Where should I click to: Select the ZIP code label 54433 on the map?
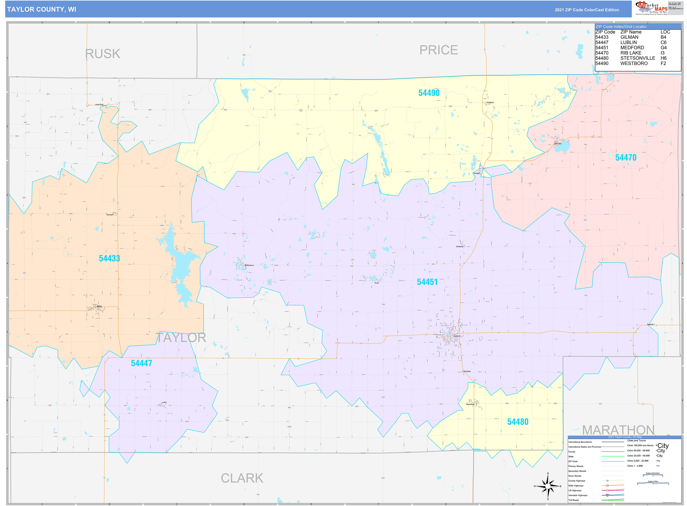click(x=109, y=258)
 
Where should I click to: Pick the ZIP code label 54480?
click(x=518, y=422)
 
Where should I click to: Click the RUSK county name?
click(x=103, y=54)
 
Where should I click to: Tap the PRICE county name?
click(x=438, y=50)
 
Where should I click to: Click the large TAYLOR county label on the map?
click(x=181, y=337)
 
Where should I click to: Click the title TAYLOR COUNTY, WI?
click(x=42, y=10)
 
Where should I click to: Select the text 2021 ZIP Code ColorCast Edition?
click(x=587, y=10)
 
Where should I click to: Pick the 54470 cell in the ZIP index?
click(x=602, y=53)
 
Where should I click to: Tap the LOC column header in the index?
click(x=665, y=32)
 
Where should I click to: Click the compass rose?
click(x=548, y=486)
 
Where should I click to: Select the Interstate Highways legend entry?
click(x=578, y=495)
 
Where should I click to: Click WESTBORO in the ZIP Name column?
click(x=634, y=63)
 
